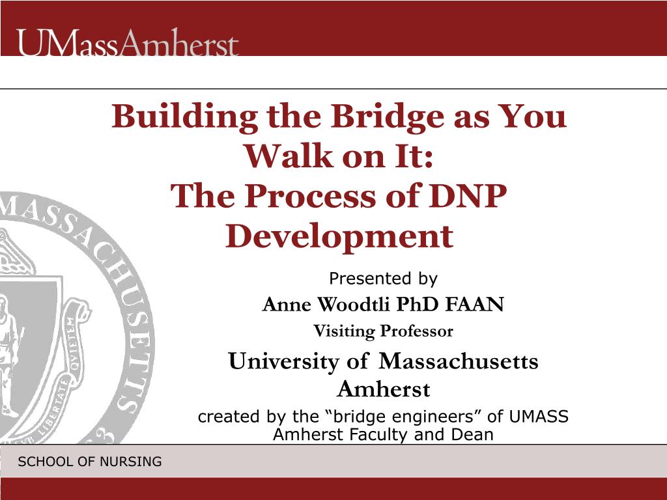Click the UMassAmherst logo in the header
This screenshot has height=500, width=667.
tap(128, 42)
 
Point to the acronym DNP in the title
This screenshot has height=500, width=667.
tap(468, 196)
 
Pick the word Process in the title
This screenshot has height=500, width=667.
tap(309, 196)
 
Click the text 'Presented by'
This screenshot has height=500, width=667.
tap(383, 279)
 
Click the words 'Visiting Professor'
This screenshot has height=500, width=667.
tap(383, 331)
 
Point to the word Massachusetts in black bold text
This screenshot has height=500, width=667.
tap(458, 361)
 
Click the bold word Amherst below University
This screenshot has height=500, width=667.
tap(383, 389)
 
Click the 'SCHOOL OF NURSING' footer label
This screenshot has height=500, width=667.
tap(90, 462)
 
